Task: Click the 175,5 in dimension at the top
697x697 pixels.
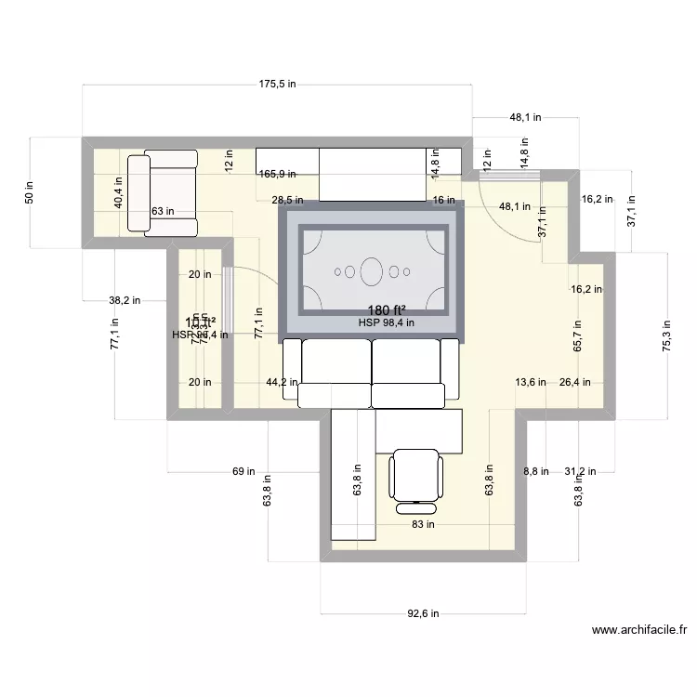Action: pyautogui.click(x=277, y=84)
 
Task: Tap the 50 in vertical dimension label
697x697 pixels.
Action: pyautogui.click(x=29, y=192)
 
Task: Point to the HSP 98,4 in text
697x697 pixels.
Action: pyautogui.click(x=386, y=323)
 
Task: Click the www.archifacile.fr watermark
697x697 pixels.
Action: pyautogui.click(x=639, y=629)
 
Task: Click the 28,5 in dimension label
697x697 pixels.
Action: pyautogui.click(x=287, y=200)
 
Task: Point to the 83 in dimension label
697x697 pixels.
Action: pyautogui.click(x=422, y=524)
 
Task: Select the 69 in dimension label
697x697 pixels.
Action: pyautogui.click(x=243, y=472)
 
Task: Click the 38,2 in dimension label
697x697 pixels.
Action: pyautogui.click(x=125, y=300)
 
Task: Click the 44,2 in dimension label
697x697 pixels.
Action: pyautogui.click(x=283, y=382)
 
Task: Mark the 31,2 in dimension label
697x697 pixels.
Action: pyautogui.click(x=581, y=472)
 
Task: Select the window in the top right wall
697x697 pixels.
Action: pyautogui.click(x=503, y=173)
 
